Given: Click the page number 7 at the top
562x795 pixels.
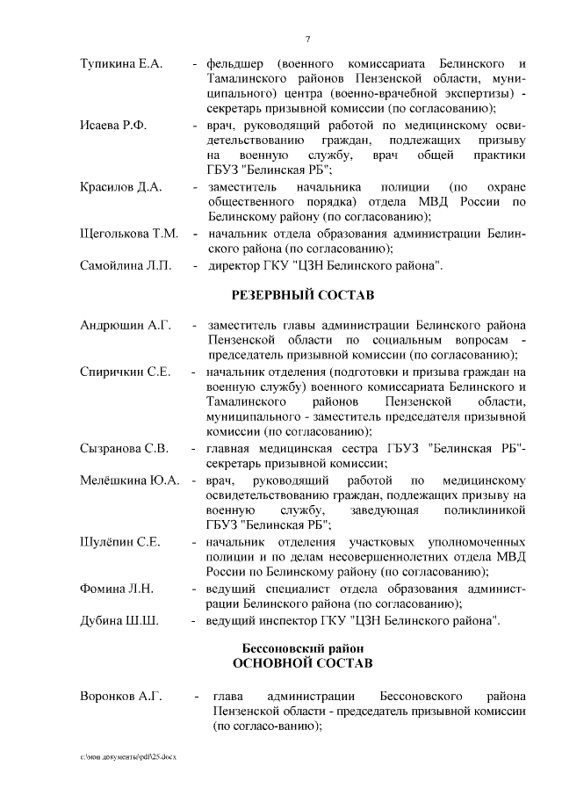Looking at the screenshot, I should tap(307, 39).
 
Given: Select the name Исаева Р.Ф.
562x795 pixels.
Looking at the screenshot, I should tap(113, 126).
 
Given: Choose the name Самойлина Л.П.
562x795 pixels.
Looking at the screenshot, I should tap(122, 264).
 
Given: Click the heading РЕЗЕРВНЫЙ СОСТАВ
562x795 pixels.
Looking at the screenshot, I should tap(302, 293).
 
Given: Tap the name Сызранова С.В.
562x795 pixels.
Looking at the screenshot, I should tap(124, 449).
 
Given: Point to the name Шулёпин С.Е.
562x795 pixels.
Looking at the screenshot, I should tap(119, 542).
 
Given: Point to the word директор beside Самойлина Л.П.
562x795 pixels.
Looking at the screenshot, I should tap(237, 264).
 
